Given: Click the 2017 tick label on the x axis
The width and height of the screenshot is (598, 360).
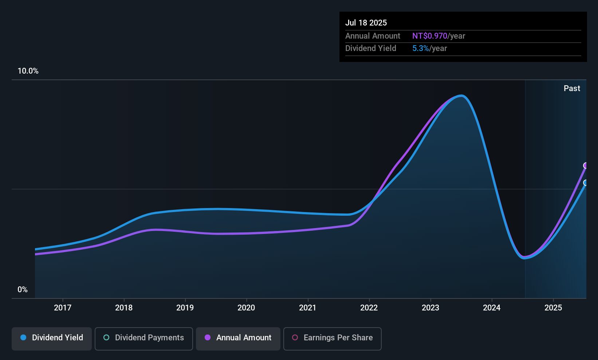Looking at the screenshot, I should coord(62,308).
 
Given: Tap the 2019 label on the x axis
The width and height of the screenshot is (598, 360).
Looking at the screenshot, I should coord(185,308).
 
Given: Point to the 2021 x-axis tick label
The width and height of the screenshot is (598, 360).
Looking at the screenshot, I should coord(308,308).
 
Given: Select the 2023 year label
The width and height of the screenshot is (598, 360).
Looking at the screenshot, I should coord(430,308).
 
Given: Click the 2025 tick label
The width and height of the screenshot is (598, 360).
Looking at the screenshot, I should coord(553,308).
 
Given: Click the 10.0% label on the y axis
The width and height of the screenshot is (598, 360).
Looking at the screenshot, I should coord(28,71).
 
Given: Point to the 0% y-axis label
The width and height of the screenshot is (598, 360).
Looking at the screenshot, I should coord(23,290).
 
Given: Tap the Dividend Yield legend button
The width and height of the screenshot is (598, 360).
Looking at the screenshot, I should coord(52,338).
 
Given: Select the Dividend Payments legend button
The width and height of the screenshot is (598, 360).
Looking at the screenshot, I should coord(144,338).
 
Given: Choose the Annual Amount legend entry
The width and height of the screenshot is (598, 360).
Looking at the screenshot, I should coord(238,338).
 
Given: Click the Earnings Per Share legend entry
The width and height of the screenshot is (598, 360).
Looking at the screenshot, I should coord(333,338).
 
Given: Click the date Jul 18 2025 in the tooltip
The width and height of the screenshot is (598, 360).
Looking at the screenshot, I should coord(366,23).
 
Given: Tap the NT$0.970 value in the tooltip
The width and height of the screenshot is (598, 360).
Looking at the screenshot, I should coord(429,36).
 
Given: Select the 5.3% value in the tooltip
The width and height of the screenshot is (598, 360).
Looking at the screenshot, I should coord(420,48).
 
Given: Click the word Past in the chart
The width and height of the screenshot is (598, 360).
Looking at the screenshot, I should coord(572,89).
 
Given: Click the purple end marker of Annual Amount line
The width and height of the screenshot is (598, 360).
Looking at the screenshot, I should coord(586,166).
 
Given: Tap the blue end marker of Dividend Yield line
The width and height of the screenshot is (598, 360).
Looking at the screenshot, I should coord(586,183).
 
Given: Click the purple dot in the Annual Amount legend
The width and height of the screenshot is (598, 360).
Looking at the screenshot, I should coord(208,338).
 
